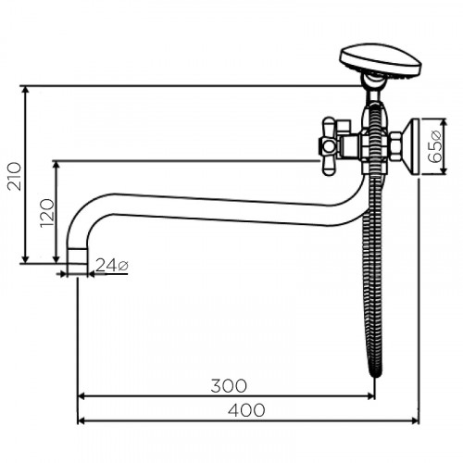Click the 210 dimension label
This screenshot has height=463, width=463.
coord(15,176)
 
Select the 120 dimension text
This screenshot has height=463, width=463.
coord(47,213)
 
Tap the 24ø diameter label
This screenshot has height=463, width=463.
coord(112,266)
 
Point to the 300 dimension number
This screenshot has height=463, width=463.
coord(229,386)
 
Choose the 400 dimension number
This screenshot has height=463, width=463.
coord(246,410)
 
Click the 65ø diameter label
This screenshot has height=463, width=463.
coord(435,147)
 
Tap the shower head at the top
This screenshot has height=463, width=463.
coord(381,62)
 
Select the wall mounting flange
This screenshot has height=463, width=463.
coord(411,146)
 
